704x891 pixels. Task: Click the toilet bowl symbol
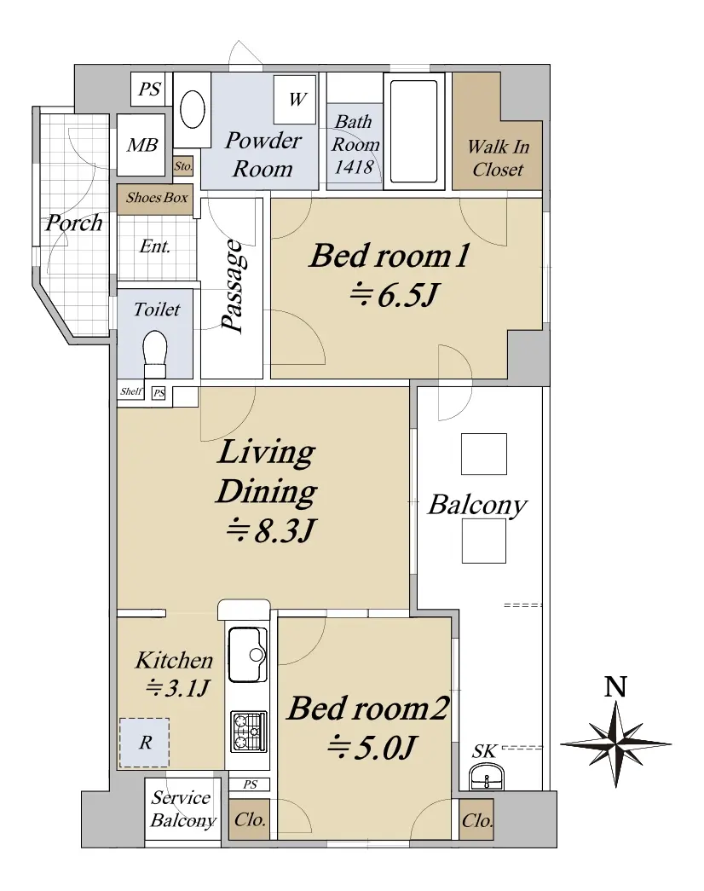[x=155, y=354]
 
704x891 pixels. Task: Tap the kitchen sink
[x=247, y=654]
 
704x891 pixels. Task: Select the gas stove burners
[x=248, y=731]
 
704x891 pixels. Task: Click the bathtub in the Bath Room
[x=413, y=131]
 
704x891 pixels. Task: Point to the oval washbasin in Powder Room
[x=193, y=109]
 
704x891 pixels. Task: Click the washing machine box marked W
[x=294, y=100]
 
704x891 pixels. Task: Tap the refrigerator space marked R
[x=144, y=743]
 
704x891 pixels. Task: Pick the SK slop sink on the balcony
[x=487, y=776]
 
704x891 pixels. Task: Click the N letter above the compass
[x=615, y=686]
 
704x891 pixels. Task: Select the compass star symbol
[x=616, y=743]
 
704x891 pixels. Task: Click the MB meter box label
[x=142, y=145]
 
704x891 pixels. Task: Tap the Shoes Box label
[x=157, y=198]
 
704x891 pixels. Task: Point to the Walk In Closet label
[x=499, y=158]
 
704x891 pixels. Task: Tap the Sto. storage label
[x=183, y=166]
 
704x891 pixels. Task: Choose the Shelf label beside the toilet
[x=131, y=391]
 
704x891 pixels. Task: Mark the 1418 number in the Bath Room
[x=354, y=167]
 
